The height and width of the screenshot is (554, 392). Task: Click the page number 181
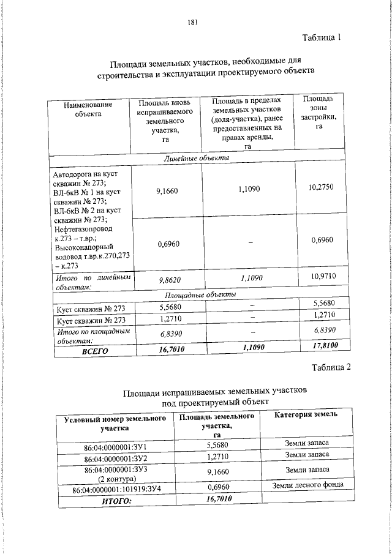[x=192, y=23]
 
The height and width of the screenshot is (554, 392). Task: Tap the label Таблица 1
[x=321, y=38]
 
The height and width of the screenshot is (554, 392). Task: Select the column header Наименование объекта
[x=84, y=109]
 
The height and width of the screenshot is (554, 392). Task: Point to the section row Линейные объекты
[x=197, y=159]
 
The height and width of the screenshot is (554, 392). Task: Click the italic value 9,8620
[x=167, y=279]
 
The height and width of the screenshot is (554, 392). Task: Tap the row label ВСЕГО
[x=95, y=351]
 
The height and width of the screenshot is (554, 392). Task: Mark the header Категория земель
[x=305, y=415]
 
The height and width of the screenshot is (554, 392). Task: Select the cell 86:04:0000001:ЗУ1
[x=116, y=447]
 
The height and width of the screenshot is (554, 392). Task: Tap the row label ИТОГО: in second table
[x=116, y=501]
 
